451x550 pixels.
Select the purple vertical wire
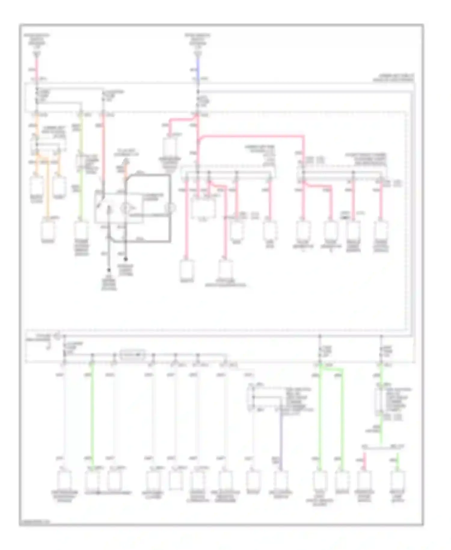coord(281,439)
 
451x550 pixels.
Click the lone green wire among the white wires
coord(92,415)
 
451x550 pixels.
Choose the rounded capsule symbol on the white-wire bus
coord(132,355)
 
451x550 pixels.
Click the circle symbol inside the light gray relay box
coord(125,208)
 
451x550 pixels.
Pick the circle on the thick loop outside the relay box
coord(170,208)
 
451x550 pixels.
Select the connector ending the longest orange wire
coord(48,230)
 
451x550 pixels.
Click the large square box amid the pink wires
coord(204,208)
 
